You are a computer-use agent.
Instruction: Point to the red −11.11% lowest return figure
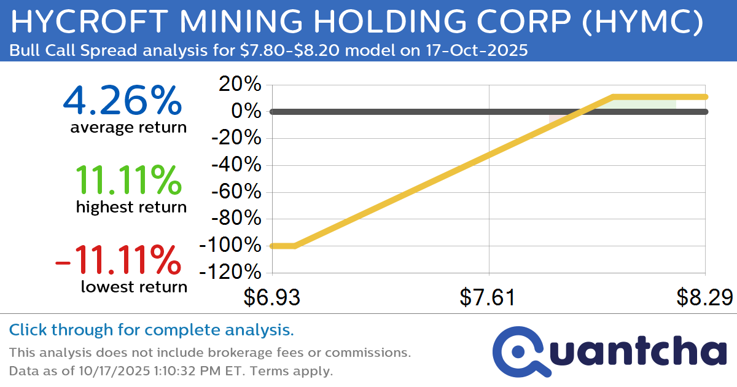click(118, 259)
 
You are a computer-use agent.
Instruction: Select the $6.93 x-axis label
click(271, 298)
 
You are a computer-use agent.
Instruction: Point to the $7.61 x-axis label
click(488, 298)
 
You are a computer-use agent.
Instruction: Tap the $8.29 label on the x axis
click(704, 298)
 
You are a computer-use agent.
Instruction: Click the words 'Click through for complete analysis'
click(151, 330)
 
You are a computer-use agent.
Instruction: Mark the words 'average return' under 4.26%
click(128, 128)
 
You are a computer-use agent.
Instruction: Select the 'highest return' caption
click(131, 208)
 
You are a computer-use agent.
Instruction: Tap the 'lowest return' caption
click(134, 286)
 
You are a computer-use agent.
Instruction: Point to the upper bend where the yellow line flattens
click(614, 96)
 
